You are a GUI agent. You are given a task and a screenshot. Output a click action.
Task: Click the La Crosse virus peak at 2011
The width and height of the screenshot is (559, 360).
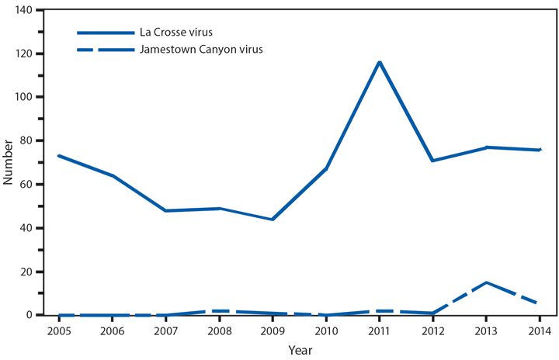tap(380, 62)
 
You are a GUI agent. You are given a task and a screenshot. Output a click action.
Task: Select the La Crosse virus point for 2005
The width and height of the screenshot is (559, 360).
tap(59, 156)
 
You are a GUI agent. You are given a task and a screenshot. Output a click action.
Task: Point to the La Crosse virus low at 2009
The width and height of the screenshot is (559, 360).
tap(273, 220)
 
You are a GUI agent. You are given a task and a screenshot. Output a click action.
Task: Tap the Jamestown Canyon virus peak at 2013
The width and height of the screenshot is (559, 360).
tap(486, 282)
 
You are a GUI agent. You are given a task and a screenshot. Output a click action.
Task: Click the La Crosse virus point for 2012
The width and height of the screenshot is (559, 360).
tap(432, 161)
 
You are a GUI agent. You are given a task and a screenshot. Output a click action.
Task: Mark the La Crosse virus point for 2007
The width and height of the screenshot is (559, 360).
tap(166, 211)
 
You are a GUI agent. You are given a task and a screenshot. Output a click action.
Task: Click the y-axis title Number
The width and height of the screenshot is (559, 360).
tap(9, 162)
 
